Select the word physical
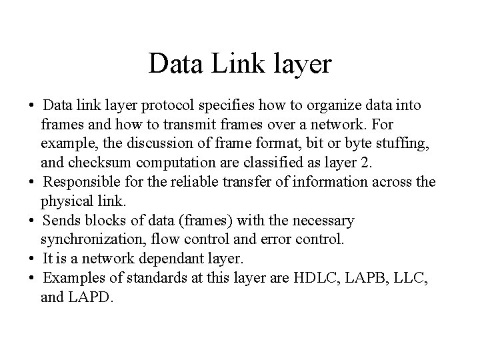click(66, 201)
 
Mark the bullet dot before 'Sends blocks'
click(31, 221)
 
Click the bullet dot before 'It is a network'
click(31, 259)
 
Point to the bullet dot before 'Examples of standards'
click(31, 278)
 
